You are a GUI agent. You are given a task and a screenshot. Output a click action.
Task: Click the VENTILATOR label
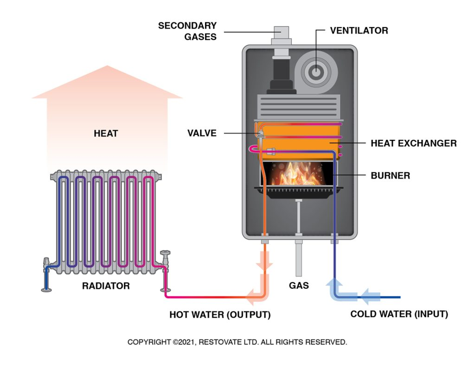pos(359,31)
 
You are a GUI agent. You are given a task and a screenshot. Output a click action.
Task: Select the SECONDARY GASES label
pos(187,31)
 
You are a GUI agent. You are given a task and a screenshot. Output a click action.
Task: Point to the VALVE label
pos(202,133)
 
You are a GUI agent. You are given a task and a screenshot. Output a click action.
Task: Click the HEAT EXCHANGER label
pos(413,143)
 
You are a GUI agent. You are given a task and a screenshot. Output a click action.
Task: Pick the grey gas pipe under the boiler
pos(298,260)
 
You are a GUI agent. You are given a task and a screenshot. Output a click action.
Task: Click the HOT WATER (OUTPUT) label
pos(220,315)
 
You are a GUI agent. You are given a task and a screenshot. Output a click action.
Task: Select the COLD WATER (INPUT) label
pos(399,314)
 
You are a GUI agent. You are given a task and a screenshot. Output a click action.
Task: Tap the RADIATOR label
pos(106,286)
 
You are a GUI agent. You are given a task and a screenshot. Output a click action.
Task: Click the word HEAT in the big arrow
pos(106,134)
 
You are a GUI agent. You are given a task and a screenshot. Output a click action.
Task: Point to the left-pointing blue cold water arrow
pos(371,294)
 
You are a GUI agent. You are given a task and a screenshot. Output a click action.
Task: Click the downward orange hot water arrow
pos(264,262)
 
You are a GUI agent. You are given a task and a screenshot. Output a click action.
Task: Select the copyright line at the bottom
pos(237,342)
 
